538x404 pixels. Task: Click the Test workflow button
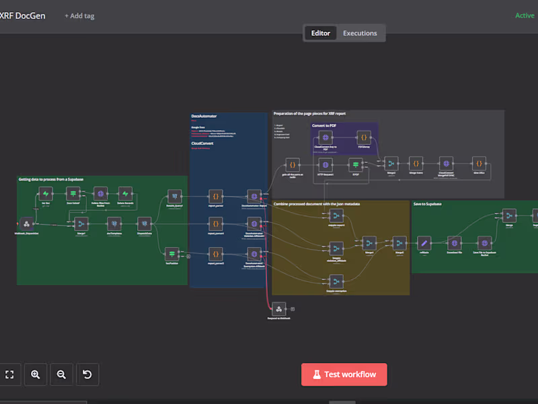click(344, 374)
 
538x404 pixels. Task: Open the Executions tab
click(360, 33)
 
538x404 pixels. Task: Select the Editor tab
click(321, 33)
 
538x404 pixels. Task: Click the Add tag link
click(79, 15)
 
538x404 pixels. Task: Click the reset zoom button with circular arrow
click(87, 374)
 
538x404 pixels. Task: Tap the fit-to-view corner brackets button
click(10, 374)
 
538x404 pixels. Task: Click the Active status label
click(525, 15)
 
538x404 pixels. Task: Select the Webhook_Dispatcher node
click(27, 224)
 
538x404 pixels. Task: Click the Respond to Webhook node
click(278, 309)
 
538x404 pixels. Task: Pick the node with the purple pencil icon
click(424, 242)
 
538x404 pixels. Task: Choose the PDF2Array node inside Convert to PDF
click(363, 137)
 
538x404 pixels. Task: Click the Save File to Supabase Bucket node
click(484, 242)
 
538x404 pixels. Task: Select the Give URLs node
click(479, 163)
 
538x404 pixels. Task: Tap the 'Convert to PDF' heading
click(325, 125)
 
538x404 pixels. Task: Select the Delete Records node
click(125, 195)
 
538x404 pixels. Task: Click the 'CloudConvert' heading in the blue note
click(202, 143)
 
